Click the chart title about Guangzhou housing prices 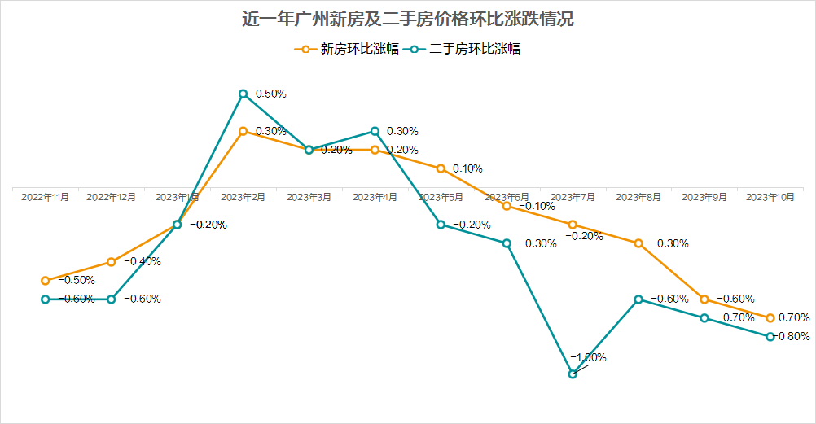pyautogui.click(x=408, y=19)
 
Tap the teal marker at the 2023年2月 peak pyautogui.click(x=243, y=94)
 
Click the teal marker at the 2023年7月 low pyautogui.click(x=573, y=374)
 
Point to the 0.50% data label pyautogui.click(x=271, y=94)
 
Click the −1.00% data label pyautogui.click(x=588, y=357)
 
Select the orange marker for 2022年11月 pyautogui.click(x=46, y=280)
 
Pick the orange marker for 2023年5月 pyautogui.click(x=441, y=168)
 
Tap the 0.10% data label pyautogui.click(x=467, y=168)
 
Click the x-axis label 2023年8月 pyautogui.click(x=638, y=197)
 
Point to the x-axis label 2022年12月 pyautogui.click(x=112, y=197)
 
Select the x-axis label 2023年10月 pyautogui.click(x=770, y=197)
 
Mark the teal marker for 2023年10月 pyautogui.click(x=770, y=336)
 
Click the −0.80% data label pyautogui.click(x=789, y=336)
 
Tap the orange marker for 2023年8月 pyautogui.click(x=638, y=243)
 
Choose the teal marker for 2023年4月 pyautogui.click(x=375, y=131)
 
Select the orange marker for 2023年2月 pyautogui.click(x=243, y=131)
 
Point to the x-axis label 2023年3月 pyautogui.click(x=309, y=197)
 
